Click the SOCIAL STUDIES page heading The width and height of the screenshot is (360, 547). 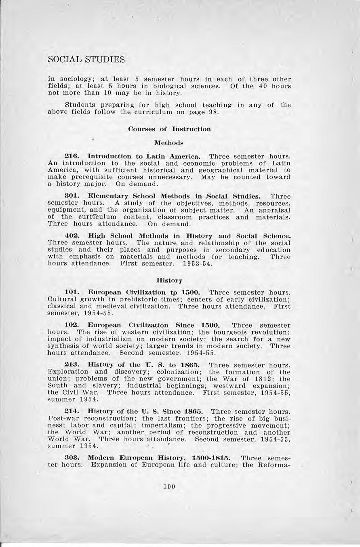86,59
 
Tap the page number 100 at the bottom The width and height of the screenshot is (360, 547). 169,486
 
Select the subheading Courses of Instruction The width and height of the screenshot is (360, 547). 169,129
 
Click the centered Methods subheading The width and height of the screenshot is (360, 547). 169,143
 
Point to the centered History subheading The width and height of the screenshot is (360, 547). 169,280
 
